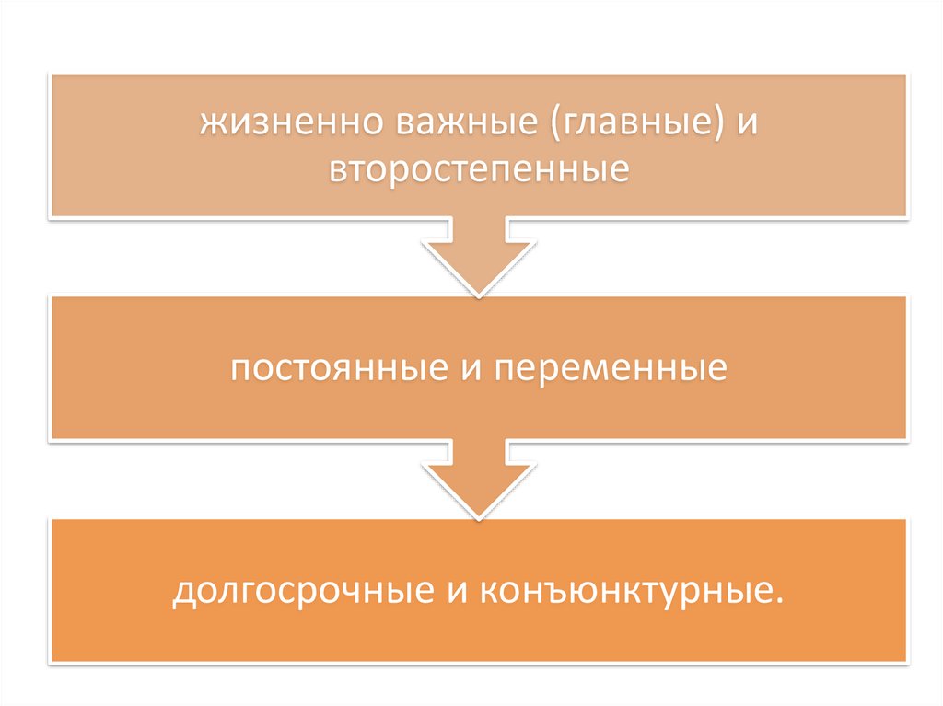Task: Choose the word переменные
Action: (610, 369)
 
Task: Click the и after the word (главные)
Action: (744, 124)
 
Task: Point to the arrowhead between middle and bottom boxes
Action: (479, 488)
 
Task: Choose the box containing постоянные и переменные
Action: (479, 368)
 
